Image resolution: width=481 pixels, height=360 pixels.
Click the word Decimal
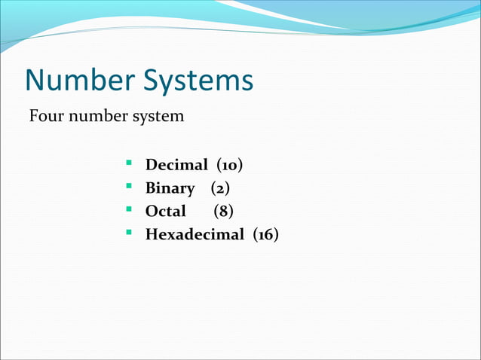tap(176, 164)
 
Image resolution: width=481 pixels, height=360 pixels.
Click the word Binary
tap(170, 188)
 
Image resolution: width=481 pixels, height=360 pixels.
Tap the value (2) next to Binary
tap(221, 188)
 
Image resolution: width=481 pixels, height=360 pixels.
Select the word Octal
tap(165, 211)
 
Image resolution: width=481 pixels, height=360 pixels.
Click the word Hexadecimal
tap(195, 234)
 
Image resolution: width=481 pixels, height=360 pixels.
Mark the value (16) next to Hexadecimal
tap(265, 235)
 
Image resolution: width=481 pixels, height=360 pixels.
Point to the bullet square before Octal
tap(130, 208)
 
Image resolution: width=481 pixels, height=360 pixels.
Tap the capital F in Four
tap(33, 117)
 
